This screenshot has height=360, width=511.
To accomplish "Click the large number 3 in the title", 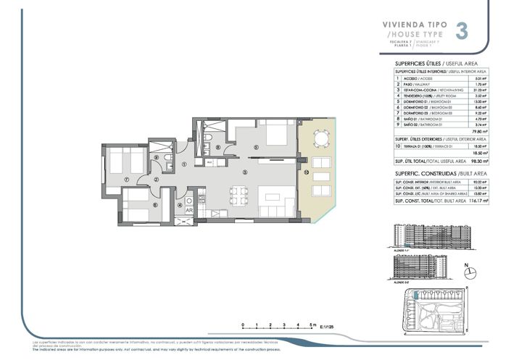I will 461,31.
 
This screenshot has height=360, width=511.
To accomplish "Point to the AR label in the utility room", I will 188,209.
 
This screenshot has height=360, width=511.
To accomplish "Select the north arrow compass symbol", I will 470,272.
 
